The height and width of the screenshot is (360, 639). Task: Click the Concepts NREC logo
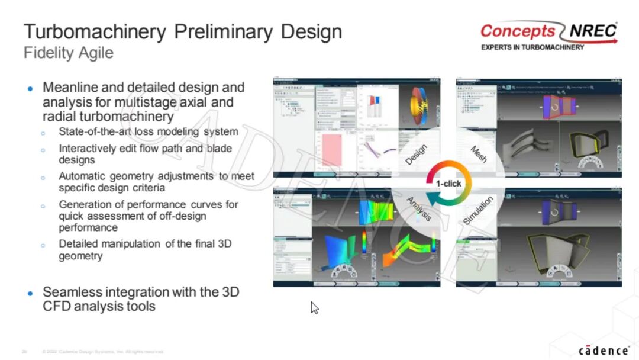coord(548,31)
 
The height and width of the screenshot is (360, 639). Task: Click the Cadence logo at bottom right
coord(603,350)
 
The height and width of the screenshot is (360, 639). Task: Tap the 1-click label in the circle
coord(448,184)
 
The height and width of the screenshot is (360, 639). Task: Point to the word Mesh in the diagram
coord(479,155)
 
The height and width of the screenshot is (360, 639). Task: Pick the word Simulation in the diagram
coord(479,211)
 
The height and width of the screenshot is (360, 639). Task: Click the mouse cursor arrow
coord(314,307)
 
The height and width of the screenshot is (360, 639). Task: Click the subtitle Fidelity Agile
coord(68,53)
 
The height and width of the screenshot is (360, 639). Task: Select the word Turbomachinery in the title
coord(95,31)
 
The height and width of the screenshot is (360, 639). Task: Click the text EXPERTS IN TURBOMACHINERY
coord(532,47)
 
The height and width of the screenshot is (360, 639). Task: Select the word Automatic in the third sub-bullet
coord(83,176)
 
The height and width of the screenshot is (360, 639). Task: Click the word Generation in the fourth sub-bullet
coord(85,204)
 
